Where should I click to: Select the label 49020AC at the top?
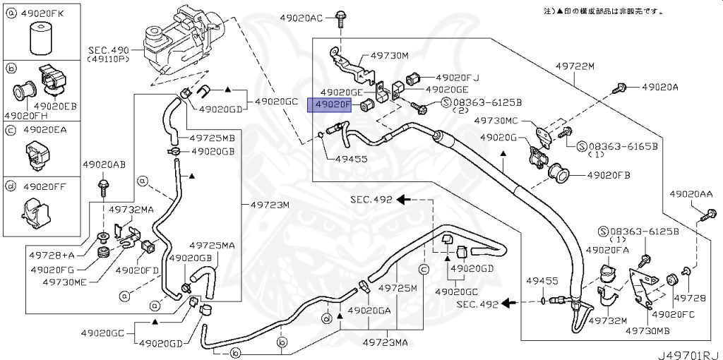pos(301,18)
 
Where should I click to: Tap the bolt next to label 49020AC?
pos(340,19)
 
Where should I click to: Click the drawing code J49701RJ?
pos(689,355)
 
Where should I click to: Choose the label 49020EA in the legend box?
pos(45,130)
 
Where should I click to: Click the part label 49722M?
pos(575,66)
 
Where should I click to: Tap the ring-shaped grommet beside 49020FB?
pos(558,174)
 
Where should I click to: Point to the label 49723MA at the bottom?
pos(385,342)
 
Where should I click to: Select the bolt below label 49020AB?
pos(102,188)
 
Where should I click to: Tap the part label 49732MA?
pos(131,210)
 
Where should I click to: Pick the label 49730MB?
pos(647,330)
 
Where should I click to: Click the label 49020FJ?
pos(457,78)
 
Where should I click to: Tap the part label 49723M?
pos(269,205)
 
